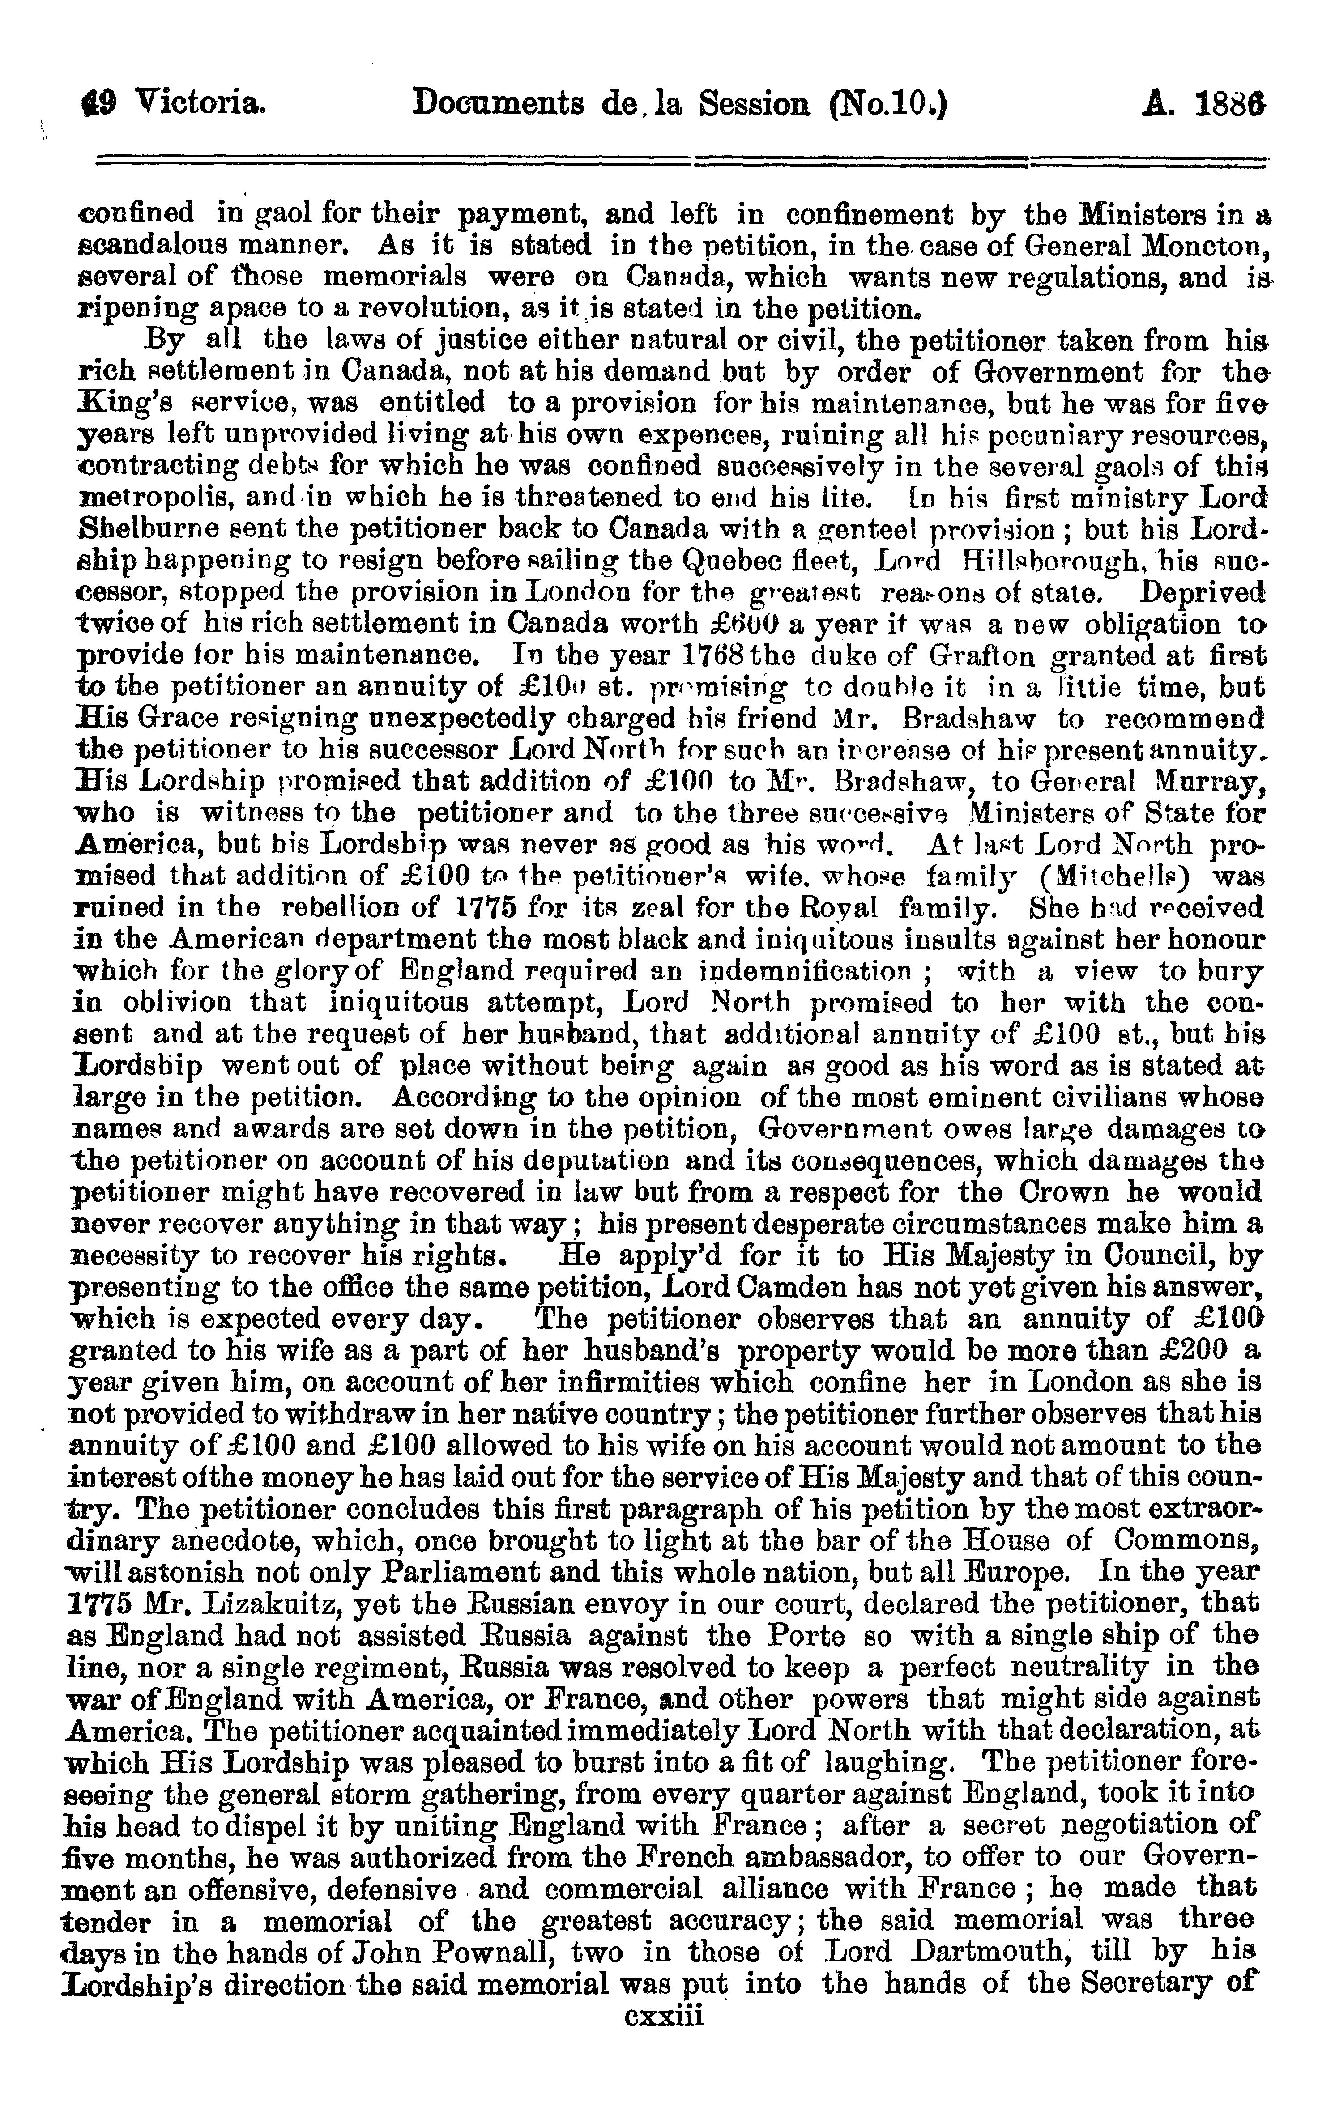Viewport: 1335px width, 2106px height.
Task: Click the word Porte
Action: [806, 1636]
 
